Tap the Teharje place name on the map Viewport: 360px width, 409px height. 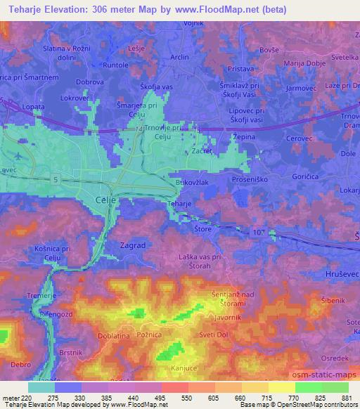pyautogui.click(x=179, y=204)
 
